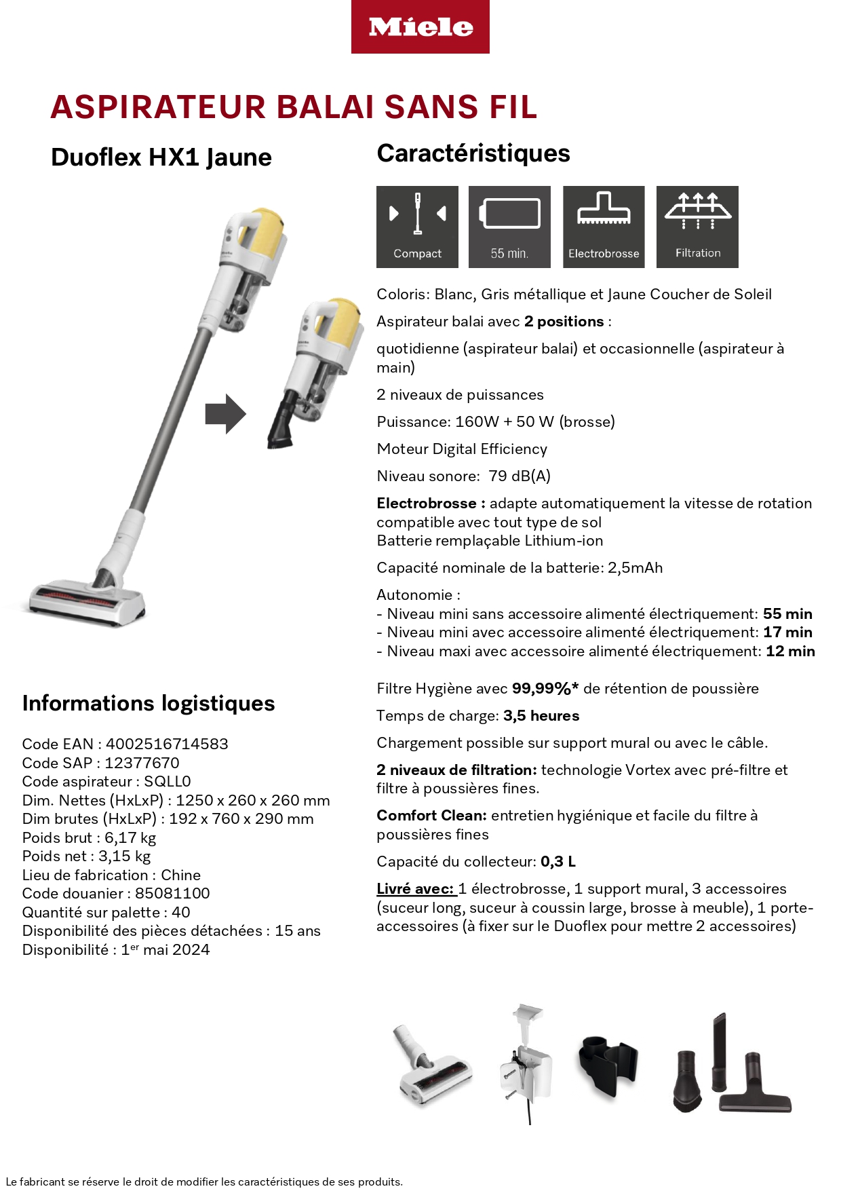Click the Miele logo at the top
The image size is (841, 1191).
click(420, 27)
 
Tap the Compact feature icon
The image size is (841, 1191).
click(417, 227)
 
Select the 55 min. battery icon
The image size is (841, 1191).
click(509, 227)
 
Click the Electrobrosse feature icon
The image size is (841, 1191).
click(604, 227)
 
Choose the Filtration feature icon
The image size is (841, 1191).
click(697, 227)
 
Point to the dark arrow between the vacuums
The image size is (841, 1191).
click(225, 413)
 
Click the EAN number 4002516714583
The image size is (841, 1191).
click(167, 744)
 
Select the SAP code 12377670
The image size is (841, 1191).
click(142, 763)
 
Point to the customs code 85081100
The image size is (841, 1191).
click(172, 893)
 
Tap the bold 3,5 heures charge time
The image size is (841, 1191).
click(541, 716)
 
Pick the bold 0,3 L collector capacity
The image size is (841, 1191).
click(558, 862)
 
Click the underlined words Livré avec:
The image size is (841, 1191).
click(415, 889)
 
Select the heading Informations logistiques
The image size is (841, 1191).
click(149, 703)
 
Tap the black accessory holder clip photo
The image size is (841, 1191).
click(608, 1062)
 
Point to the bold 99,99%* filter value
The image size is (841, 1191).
click(545, 689)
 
